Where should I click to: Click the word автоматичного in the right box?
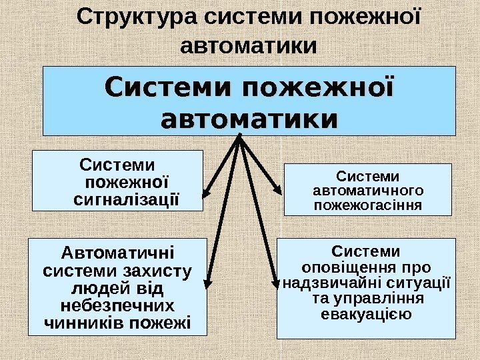point(367,191)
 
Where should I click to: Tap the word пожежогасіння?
point(367,205)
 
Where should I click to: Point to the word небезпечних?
point(117,307)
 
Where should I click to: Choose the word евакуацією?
point(366,313)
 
